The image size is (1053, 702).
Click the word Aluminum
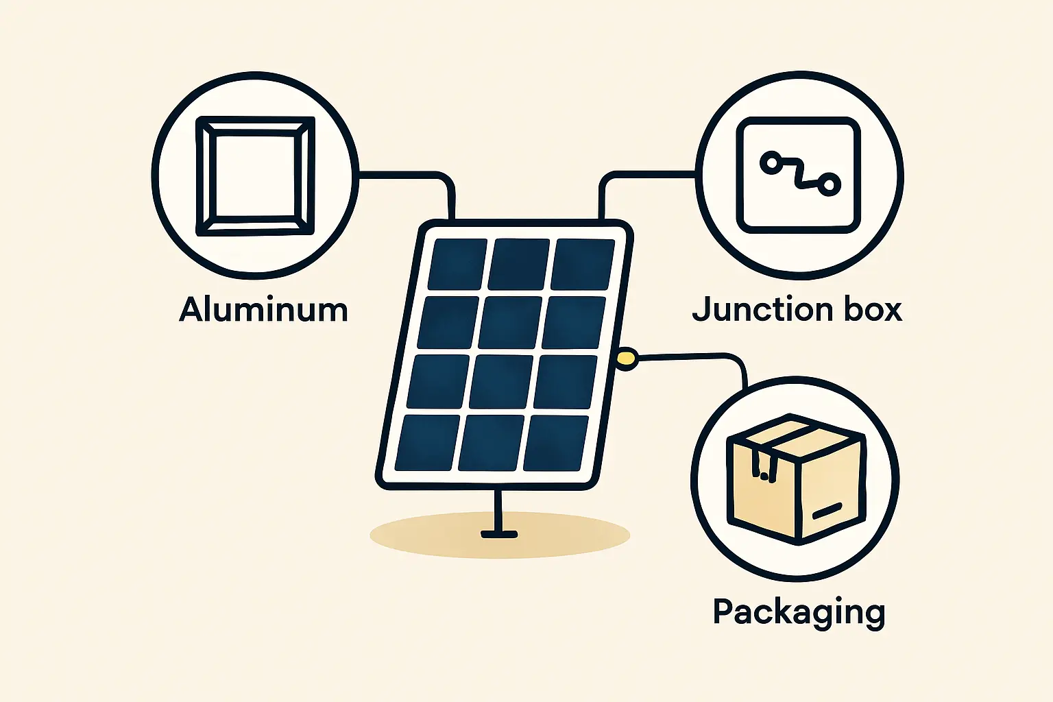click(x=263, y=309)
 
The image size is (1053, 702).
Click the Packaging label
click(x=799, y=612)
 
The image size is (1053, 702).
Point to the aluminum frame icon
click(x=255, y=176)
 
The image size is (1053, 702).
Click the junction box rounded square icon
click(x=798, y=175)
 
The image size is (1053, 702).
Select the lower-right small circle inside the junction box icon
click(x=830, y=184)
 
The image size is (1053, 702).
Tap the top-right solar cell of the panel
click(x=583, y=264)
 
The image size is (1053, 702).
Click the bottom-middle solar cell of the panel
click(x=491, y=442)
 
